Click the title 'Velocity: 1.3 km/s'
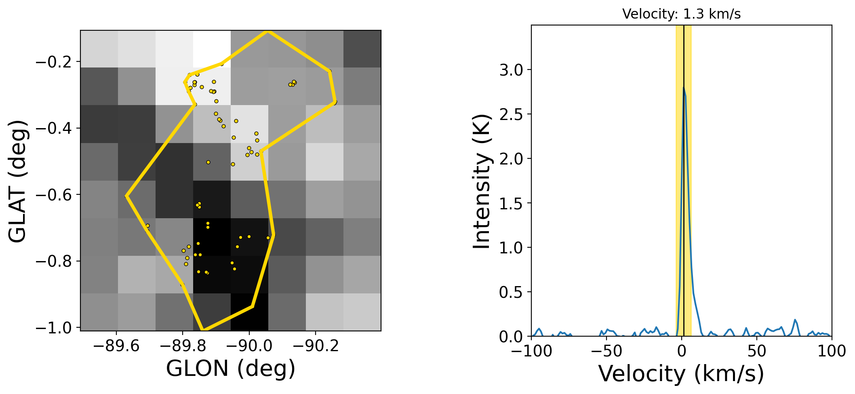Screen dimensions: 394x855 click(681, 14)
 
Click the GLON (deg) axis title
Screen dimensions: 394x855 click(231, 369)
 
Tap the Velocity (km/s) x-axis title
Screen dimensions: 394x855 click(681, 373)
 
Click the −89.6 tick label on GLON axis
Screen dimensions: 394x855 click(116, 347)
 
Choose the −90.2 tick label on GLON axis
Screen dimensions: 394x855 click(316, 347)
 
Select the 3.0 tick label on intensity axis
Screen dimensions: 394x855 click(511, 70)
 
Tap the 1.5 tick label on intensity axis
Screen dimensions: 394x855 click(511, 203)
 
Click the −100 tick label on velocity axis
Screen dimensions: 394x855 click(531, 352)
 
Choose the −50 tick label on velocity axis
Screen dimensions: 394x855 click(607, 352)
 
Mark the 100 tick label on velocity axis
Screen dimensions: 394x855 click(832, 352)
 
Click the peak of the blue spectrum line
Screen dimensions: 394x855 click(683, 87)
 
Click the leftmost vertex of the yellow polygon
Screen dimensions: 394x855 click(126, 196)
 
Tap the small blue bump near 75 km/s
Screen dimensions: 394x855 click(795, 320)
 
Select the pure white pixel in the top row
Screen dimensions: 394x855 click(212, 49)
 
